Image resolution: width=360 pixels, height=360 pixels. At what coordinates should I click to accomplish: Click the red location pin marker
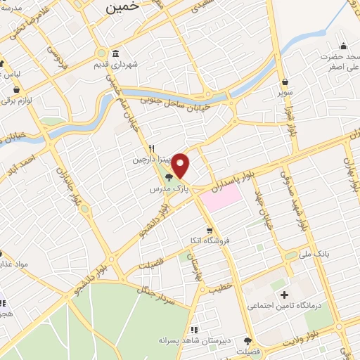tap(181, 165)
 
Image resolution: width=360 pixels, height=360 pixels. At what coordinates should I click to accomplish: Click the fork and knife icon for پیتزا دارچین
tap(150, 149)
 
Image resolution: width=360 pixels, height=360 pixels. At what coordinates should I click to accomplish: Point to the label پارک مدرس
tap(167, 190)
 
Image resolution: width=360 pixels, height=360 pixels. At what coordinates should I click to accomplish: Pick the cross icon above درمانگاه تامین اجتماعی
tap(284, 295)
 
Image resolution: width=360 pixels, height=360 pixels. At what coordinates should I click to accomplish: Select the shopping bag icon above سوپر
tap(285, 81)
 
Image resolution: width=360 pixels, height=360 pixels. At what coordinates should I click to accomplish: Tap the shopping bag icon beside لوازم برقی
tap(18, 90)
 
